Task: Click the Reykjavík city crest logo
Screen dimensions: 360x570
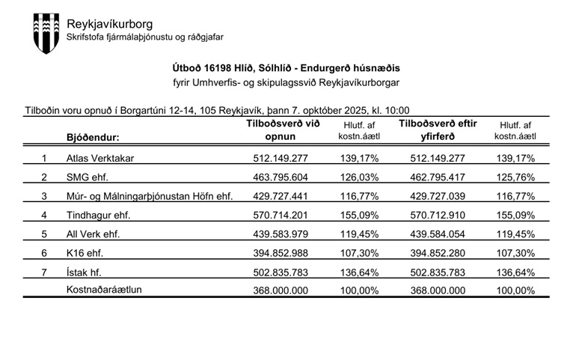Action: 44,33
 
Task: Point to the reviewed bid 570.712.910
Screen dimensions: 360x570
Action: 438,215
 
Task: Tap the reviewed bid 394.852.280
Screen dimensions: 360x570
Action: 438,253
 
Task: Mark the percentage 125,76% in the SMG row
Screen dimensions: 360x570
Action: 515,177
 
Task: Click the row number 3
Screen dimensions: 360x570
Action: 44,196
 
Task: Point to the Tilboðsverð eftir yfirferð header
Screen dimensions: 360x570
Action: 438,130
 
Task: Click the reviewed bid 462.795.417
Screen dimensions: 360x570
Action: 438,177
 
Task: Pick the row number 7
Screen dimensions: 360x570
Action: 44,272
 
